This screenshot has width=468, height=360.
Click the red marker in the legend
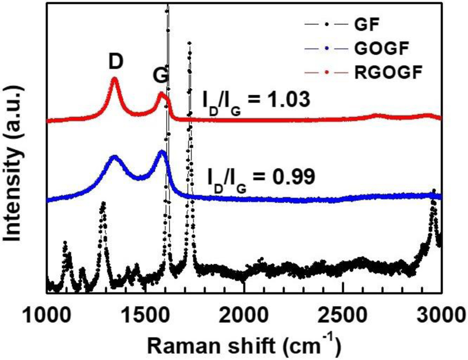[x=326, y=73]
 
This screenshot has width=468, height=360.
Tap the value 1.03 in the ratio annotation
[x=286, y=100]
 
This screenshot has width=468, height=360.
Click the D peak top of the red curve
[x=115, y=78]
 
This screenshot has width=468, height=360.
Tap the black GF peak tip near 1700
[x=189, y=42]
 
